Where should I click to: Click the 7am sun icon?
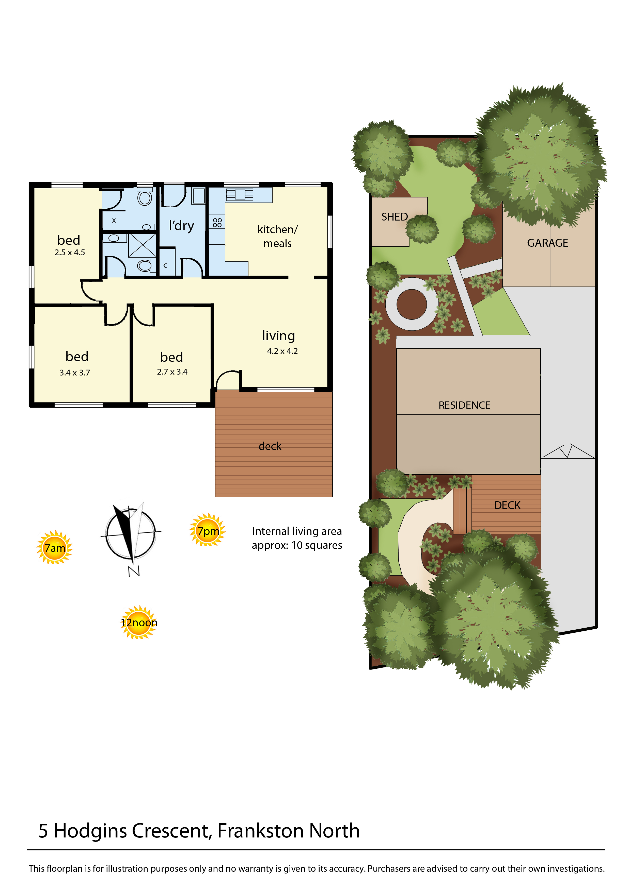[x=55, y=547]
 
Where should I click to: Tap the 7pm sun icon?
[x=208, y=530]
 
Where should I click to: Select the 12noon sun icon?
[x=139, y=622]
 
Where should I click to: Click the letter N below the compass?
[x=134, y=571]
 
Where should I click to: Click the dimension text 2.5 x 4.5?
[x=70, y=252]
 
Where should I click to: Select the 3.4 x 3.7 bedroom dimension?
[x=75, y=373]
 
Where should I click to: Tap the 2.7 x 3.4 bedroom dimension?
[x=172, y=372]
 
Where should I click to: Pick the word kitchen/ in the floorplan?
[x=278, y=229]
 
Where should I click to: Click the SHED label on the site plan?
[x=395, y=217]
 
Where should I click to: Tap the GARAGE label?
[x=547, y=243]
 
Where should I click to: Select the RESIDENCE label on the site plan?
[x=464, y=405]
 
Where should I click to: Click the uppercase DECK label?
[x=507, y=506]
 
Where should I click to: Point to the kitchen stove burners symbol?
[x=217, y=223]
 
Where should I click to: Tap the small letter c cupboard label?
[x=165, y=265]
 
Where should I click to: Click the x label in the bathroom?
[x=114, y=220]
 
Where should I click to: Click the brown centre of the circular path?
[x=412, y=304]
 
